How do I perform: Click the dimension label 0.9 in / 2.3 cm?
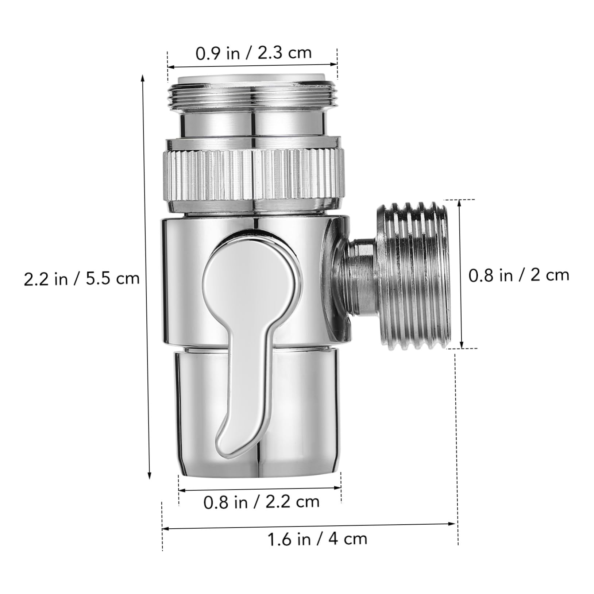[254, 53]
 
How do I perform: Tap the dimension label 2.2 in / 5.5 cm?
[82, 278]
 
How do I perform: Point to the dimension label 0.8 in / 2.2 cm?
[261, 502]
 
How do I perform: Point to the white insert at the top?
[252, 79]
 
